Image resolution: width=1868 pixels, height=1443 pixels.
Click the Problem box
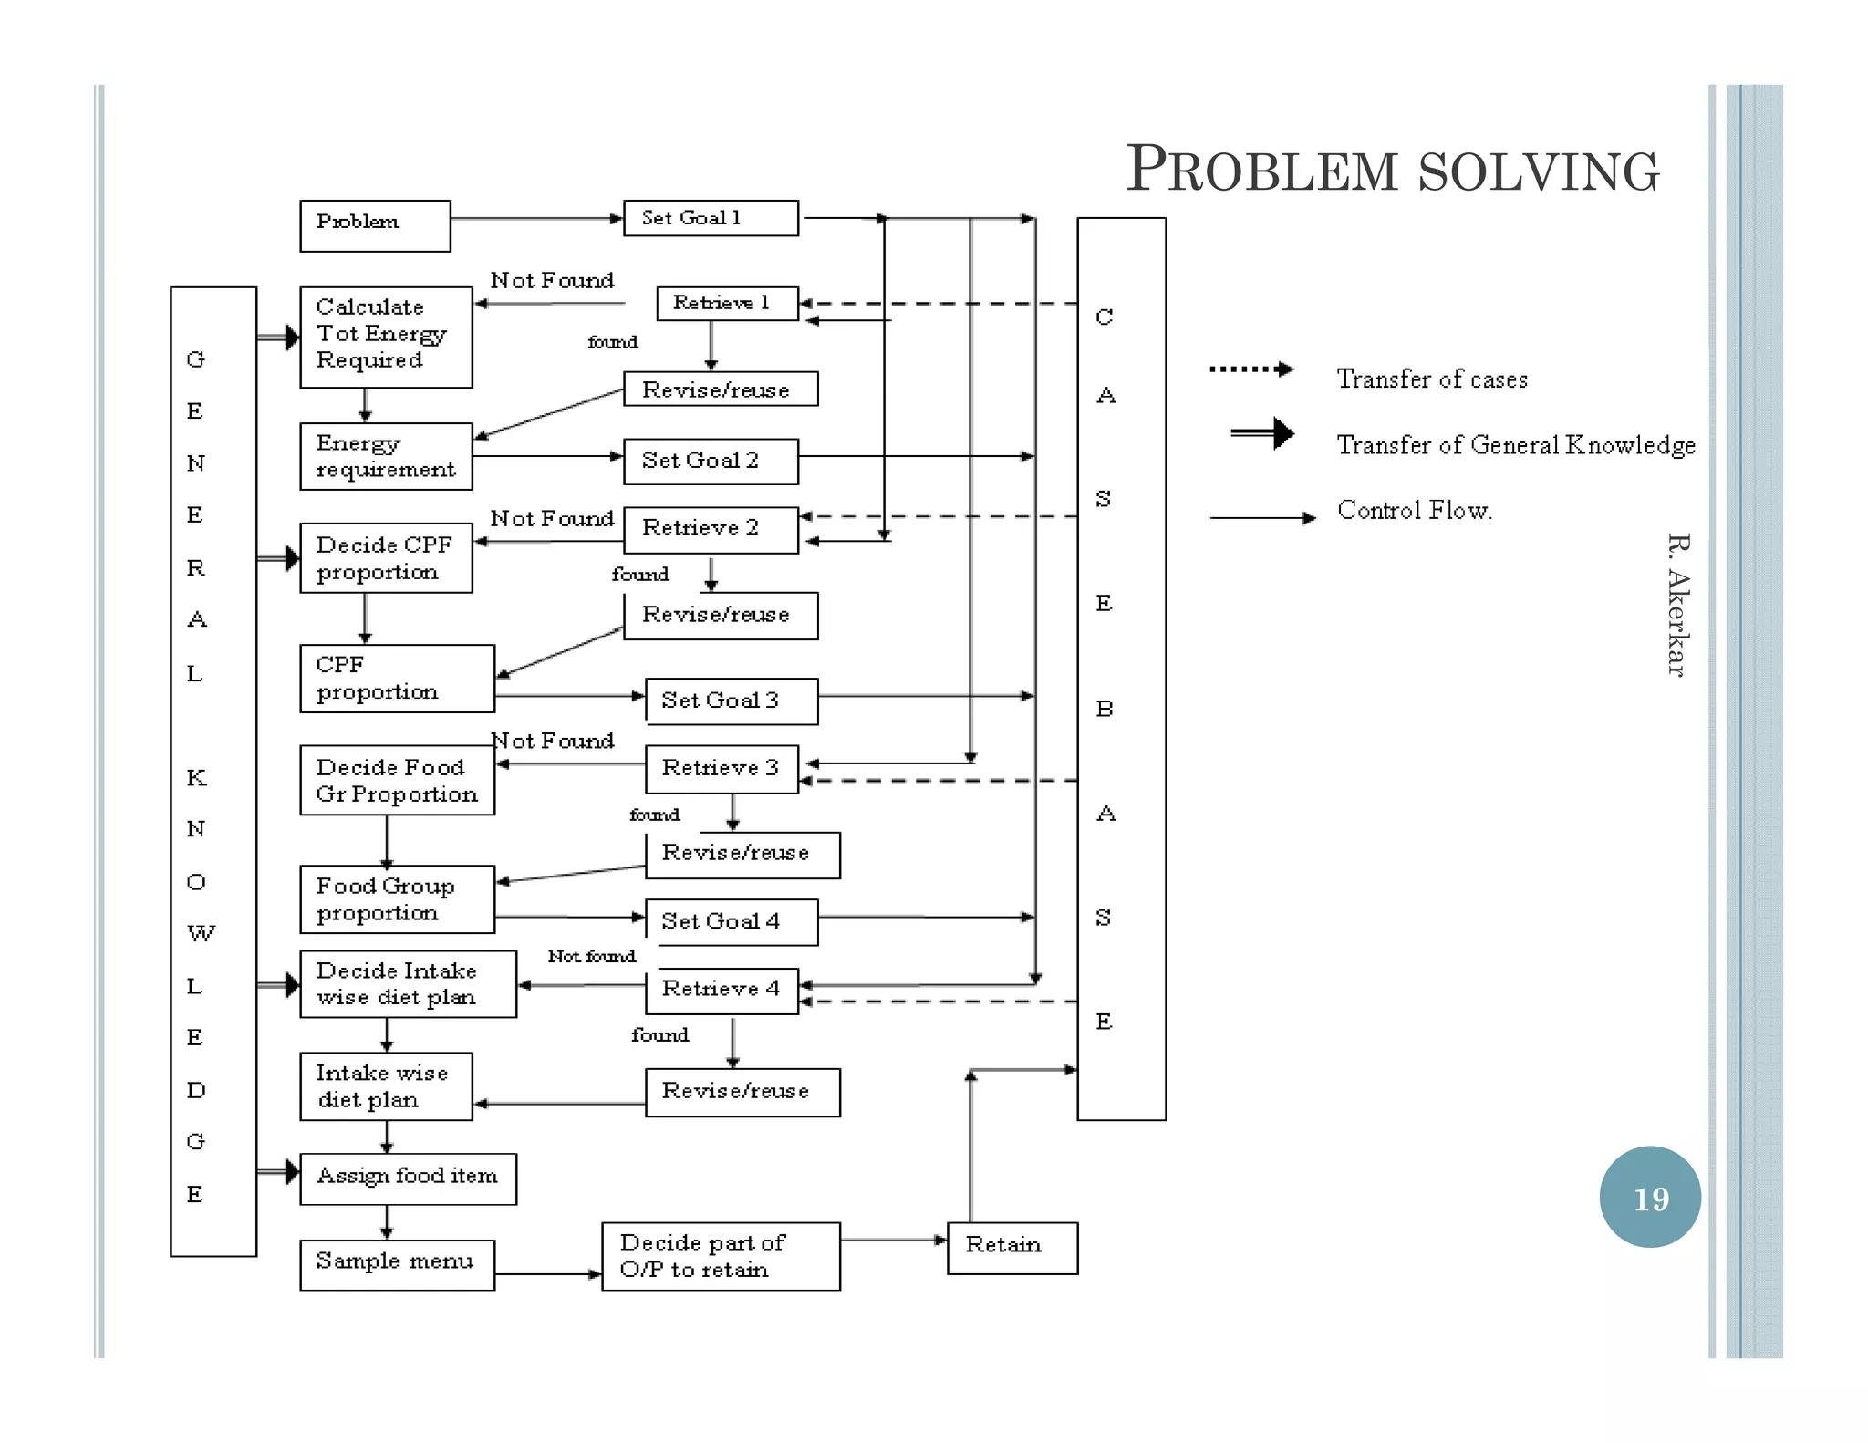375,225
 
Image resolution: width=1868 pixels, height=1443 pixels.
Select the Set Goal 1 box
711,218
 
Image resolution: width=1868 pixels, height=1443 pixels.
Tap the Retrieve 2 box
711,529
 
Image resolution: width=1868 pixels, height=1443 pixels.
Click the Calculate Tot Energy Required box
386,337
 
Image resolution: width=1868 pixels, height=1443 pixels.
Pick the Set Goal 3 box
731,701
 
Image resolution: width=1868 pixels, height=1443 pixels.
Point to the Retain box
1012,1247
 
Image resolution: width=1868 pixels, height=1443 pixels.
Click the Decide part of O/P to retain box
721,1256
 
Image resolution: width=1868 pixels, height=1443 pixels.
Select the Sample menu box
397,1263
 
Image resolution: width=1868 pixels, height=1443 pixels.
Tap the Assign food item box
408,1178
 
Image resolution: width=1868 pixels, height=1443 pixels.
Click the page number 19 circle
1649,1197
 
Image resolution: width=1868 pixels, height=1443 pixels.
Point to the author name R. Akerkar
1676,604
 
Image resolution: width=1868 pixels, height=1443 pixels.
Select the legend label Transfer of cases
1431,379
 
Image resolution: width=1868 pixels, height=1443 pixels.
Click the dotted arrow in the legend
1251,369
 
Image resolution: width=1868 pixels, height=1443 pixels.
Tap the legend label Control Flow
1414,511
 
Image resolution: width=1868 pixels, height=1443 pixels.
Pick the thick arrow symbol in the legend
1262,433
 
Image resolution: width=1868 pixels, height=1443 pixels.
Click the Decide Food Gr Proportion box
397,780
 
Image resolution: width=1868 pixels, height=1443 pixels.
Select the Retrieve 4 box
721,990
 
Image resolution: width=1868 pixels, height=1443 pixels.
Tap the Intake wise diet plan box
386,1086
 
